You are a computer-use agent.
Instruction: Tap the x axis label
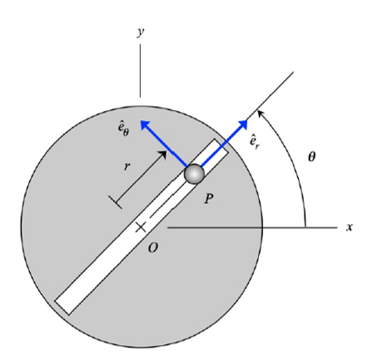click(x=349, y=227)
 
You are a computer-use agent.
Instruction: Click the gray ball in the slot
click(x=194, y=173)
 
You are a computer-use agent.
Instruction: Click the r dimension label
click(x=127, y=166)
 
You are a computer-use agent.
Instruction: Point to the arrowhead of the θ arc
click(x=260, y=111)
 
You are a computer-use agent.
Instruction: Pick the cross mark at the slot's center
click(x=141, y=227)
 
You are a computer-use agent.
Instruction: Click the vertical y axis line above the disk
click(x=141, y=71)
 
